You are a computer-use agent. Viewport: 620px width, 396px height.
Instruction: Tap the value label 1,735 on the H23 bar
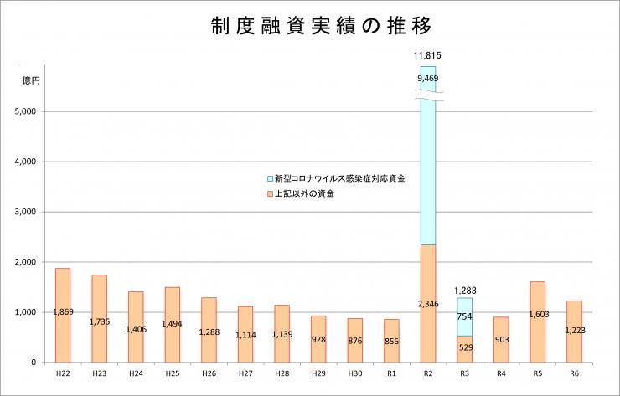(100, 321)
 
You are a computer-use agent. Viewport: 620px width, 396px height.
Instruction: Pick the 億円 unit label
(30, 80)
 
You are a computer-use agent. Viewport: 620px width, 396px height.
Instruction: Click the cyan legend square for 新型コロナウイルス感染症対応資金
(269, 178)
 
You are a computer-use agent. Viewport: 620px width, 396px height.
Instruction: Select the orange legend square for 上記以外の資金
(269, 193)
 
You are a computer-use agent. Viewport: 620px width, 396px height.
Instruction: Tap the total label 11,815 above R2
(427, 55)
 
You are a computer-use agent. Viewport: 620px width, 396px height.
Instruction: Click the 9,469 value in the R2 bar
(427, 79)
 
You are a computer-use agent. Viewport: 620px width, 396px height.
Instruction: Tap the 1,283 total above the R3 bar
(464, 291)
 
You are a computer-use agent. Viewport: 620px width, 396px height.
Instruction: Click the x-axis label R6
(574, 373)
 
